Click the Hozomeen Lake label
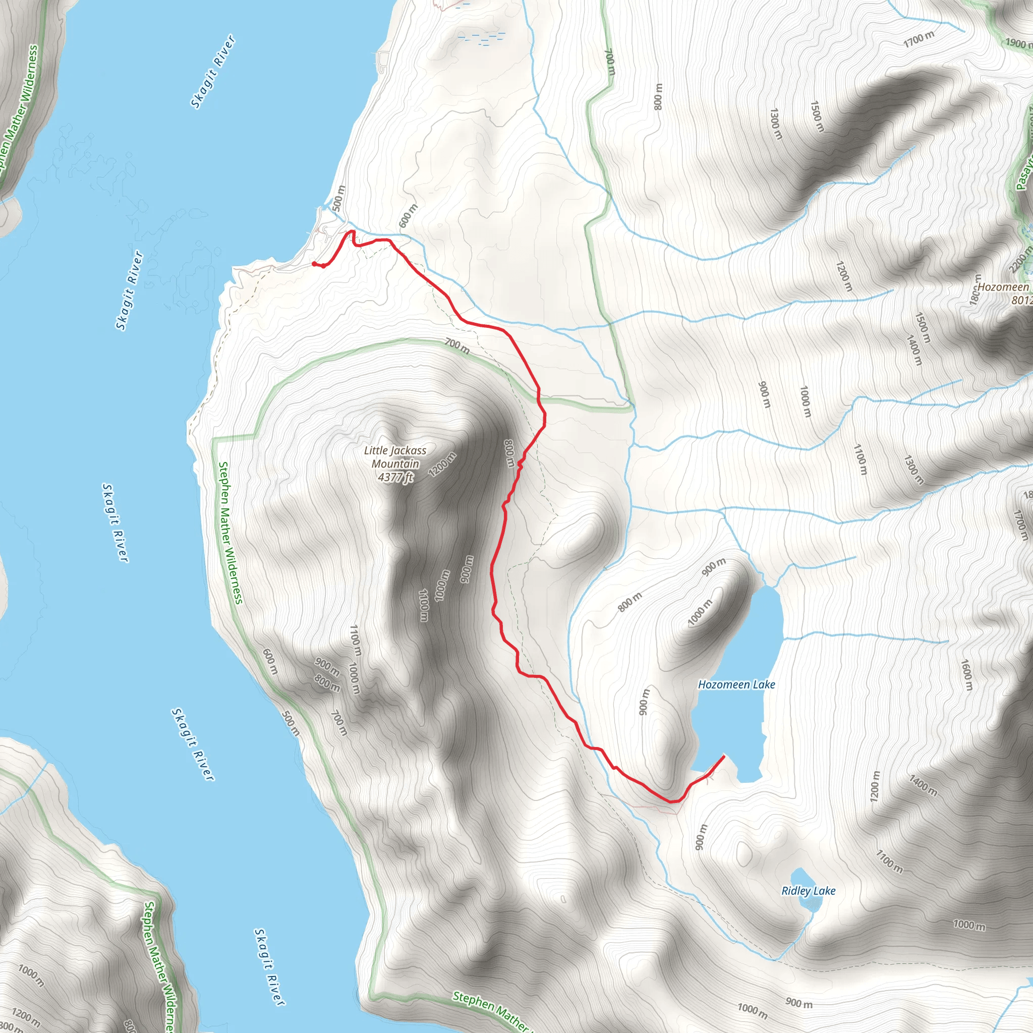coord(736,684)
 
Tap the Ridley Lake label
coord(808,891)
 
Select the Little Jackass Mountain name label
coord(395,457)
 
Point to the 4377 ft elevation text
coord(395,477)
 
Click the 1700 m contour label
coord(919,39)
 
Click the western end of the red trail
coord(313,263)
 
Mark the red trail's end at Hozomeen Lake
coord(723,756)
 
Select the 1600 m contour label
coord(965,675)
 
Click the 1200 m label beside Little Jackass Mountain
coord(442,464)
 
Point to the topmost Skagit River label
coord(213,72)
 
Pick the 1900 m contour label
coord(1017,43)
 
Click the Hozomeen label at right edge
coord(1004,287)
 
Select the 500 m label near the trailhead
coord(339,198)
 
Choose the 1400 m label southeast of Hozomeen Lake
coord(923,785)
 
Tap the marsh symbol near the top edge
coord(481,37)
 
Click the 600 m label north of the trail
coord(408,215)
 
